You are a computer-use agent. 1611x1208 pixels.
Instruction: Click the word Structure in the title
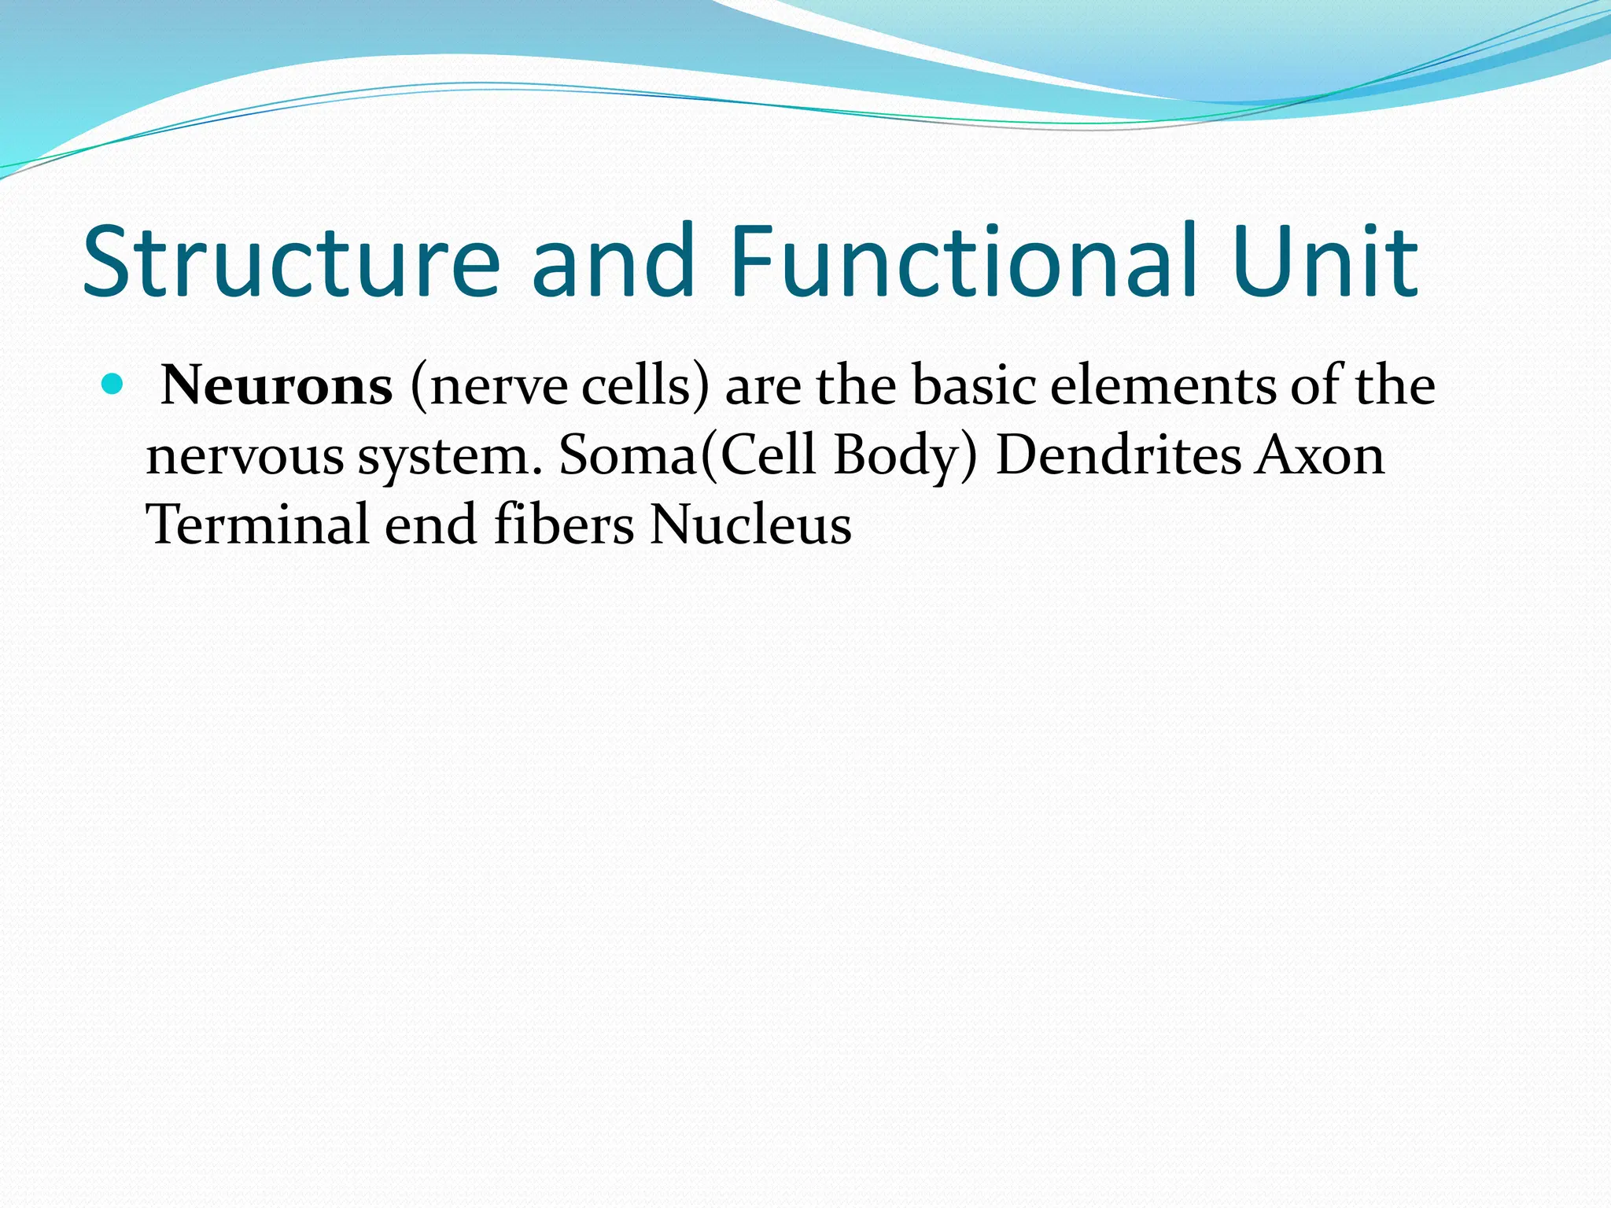click(x=291, y=262)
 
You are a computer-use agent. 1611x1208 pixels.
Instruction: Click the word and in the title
click(x=614, y=262)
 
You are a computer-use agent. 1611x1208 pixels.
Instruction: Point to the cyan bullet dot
click(x=113, y=385)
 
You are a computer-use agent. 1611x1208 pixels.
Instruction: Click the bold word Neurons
click(x=276, y=386)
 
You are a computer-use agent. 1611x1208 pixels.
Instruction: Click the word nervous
click(x=245, y=456)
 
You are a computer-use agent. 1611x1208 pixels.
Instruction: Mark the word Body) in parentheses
click(x=905, y=456)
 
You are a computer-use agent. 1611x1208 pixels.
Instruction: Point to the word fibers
click(x=563, y=525)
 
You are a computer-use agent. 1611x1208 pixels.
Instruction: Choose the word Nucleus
click(x=750, y=525)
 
